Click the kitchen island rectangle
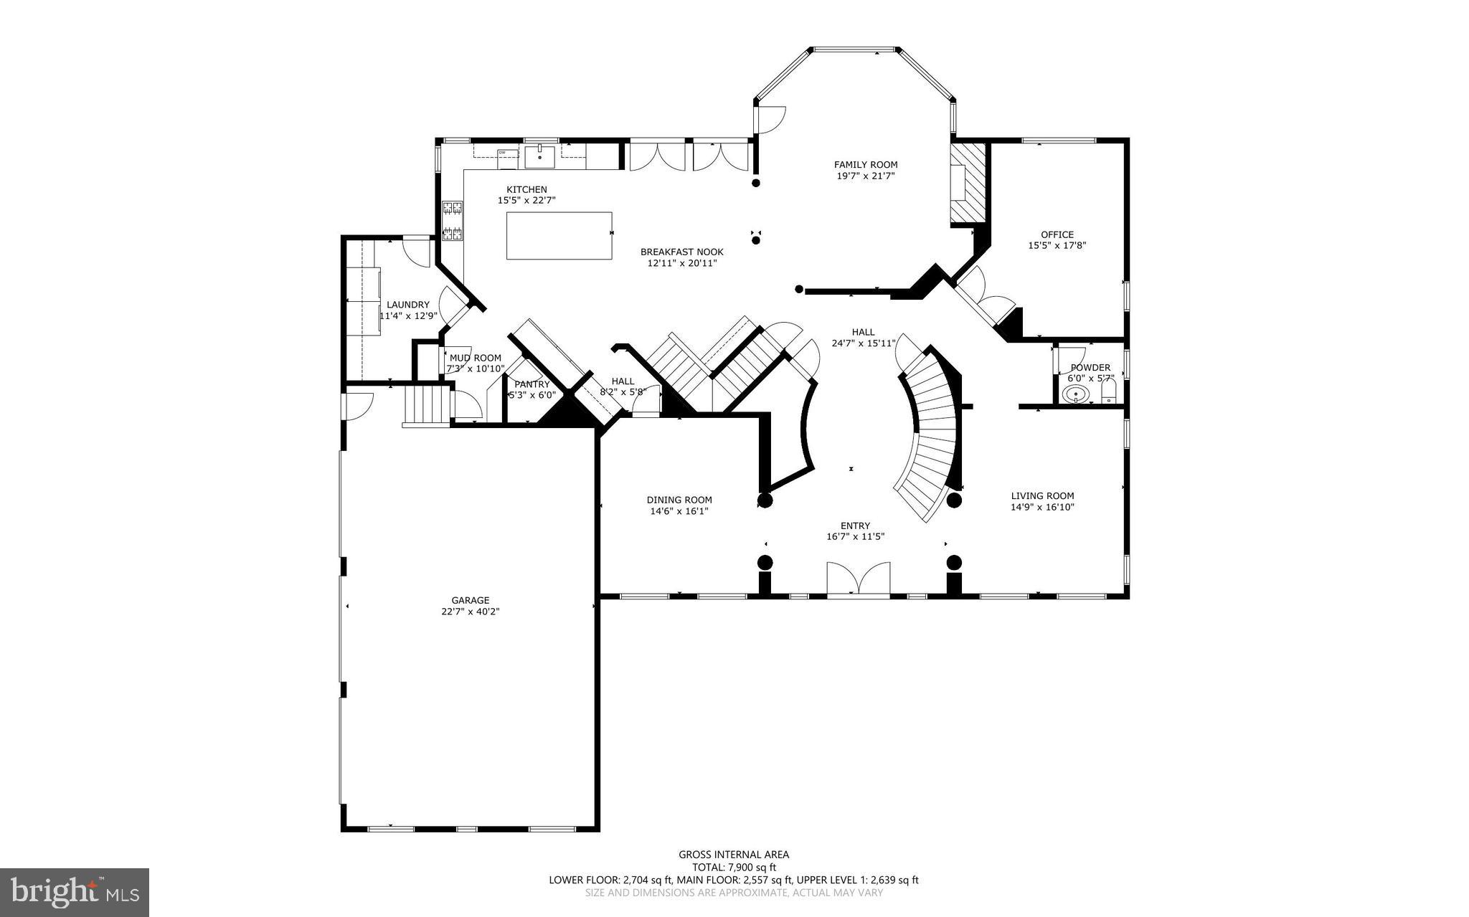[x=559, y=235]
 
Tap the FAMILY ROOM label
[x=865, y=165]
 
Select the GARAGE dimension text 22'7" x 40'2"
[x=470, y=612]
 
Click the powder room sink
[x=1075, y=394]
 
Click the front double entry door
[x=858, y=579]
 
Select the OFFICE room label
[x=1057, y=234]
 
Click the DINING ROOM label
[x=679, y=500]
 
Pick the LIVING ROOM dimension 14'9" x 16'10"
[x=1042, y=507]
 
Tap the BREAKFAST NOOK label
[x=681, y=252]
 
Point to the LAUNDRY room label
[x=407, y=305]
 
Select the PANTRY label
[x=532, y=384]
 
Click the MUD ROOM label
[x=475, y=358]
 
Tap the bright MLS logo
[x=75, y=892]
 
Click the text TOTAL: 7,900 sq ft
[x=734, y=867]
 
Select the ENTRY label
[x=855, y=526]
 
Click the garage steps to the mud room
[x=426, y=405]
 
